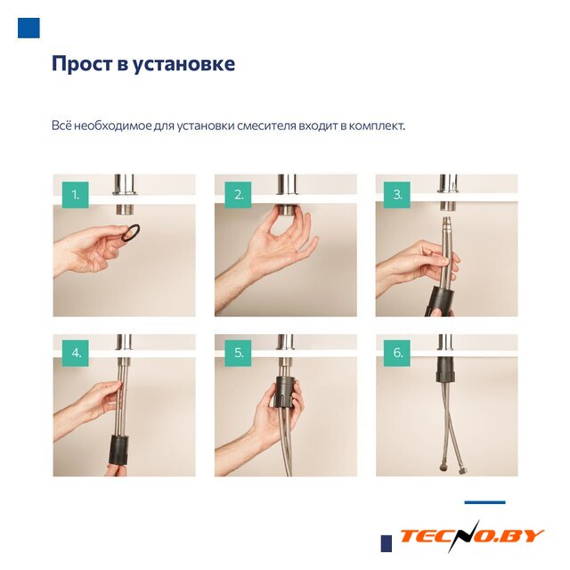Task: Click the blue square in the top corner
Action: point(28,28)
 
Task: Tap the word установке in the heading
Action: point(183,64)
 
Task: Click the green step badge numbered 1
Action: point(75,195)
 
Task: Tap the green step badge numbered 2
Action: point(238,195)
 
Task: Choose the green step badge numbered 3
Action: point(397,195)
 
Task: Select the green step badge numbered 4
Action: point(75,353)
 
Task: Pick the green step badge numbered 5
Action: point(238,353)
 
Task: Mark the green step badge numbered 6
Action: point(397,353)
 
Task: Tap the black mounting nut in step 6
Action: point(445,369)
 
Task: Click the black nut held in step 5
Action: point(286,392)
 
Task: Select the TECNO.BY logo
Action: point(472,536)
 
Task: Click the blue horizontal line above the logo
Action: point(484,502)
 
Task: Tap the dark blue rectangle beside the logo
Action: point(387,543)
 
